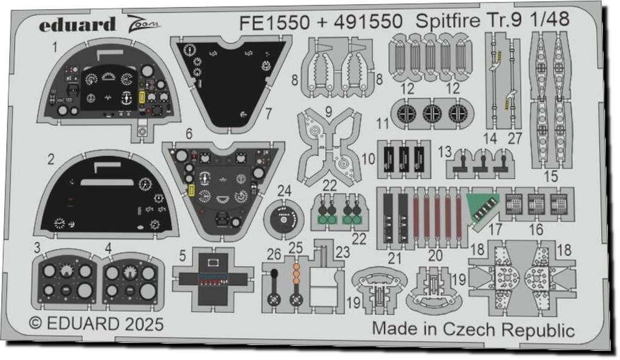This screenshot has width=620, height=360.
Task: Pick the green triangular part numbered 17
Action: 483,206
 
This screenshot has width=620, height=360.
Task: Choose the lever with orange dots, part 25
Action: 296,284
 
